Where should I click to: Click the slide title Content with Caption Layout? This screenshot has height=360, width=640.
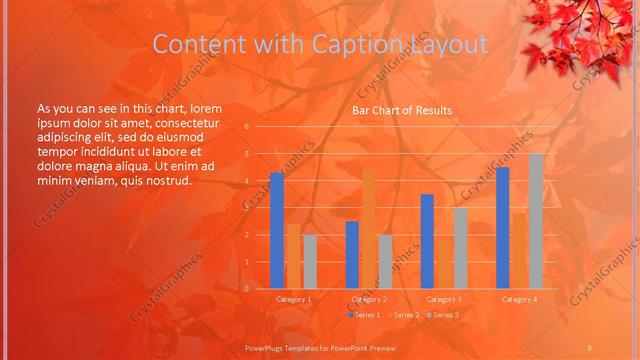320,44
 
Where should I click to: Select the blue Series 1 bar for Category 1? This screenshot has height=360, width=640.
277,231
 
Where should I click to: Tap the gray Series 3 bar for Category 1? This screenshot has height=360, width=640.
310,262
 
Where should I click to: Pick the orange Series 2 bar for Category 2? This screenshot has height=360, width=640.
368,229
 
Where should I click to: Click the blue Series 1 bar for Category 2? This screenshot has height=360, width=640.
352,255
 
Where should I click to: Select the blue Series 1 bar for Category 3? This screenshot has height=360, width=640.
427,241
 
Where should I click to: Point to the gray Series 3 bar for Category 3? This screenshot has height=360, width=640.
460,248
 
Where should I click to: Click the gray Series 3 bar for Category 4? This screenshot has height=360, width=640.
536,221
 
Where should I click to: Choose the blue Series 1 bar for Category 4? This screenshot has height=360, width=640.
502,228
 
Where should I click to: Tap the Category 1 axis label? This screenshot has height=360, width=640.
293,299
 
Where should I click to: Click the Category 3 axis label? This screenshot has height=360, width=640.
444,299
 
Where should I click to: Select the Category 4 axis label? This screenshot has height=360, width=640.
519,299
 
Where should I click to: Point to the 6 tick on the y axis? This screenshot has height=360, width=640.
247,127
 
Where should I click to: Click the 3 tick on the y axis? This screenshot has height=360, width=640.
247,208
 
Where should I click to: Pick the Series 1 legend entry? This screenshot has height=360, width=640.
365,315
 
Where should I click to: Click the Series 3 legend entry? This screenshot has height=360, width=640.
442,315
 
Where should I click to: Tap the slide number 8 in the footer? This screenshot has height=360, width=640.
590,347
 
